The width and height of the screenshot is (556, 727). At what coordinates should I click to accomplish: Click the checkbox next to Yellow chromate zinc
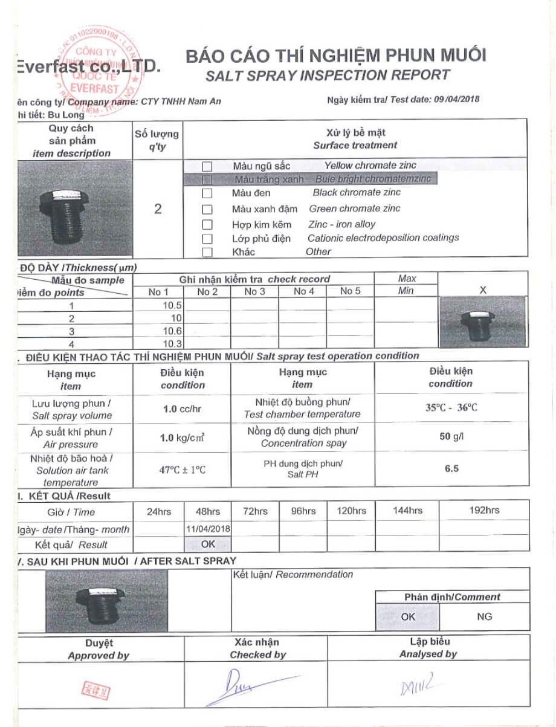point(207,166)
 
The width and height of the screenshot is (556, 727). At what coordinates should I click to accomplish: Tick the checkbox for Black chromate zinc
point(207,193)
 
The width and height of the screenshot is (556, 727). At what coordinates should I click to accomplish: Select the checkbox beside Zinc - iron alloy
point(207,225)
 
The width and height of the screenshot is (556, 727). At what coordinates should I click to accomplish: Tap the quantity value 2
point(158,209)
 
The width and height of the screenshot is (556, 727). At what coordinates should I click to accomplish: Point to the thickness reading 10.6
point(172,331)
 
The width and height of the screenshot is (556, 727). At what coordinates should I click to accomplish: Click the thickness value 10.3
point(173,344)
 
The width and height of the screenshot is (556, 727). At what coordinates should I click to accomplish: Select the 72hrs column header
point(255,511)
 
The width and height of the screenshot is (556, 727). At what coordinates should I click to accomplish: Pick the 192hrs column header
point(484,511)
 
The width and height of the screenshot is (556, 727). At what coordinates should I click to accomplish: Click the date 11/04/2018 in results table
point(207,529)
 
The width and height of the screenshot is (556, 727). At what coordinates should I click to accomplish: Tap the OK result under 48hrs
point(207,544)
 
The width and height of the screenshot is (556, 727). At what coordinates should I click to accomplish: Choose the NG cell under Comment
point(484,617)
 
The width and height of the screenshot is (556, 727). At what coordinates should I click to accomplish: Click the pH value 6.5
point(451,468)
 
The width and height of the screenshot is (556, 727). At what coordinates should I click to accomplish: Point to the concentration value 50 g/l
point(451,436)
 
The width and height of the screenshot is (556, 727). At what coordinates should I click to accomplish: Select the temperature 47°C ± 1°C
point(183,470)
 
